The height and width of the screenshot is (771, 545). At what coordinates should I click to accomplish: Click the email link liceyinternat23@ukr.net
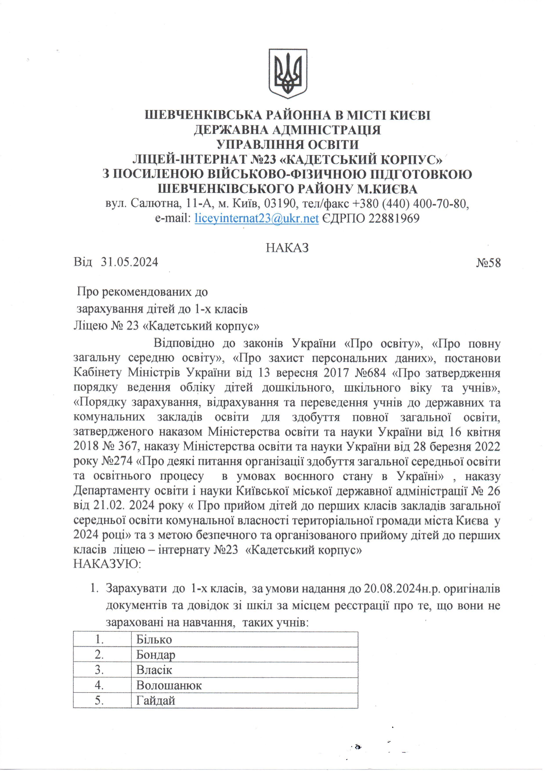(257, 219)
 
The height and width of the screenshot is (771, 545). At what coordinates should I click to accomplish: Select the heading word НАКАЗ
(287, 248)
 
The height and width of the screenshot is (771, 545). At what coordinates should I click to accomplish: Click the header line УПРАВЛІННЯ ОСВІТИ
(288, 145)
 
